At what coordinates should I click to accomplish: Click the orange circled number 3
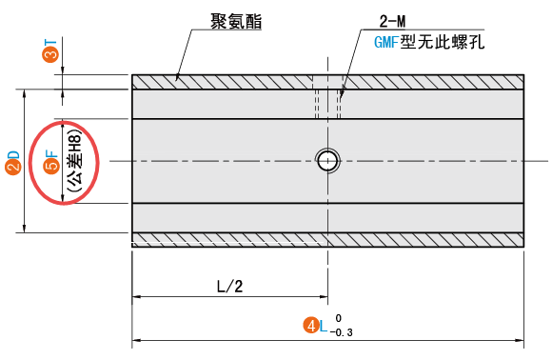50,56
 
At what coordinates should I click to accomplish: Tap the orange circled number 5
51,169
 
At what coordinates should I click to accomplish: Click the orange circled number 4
309,326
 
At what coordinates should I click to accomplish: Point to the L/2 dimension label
231,286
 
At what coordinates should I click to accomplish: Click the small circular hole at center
328,160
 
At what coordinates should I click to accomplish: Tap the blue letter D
13,154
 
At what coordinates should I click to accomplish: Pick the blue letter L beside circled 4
324,326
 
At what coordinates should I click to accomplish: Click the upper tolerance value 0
338,318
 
